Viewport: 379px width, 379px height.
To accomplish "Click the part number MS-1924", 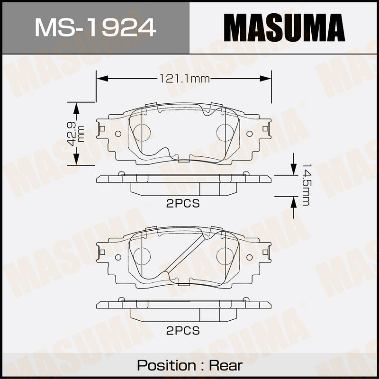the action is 96,27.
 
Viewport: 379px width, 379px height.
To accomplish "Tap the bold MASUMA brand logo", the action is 284,27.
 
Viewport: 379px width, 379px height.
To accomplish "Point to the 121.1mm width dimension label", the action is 185,79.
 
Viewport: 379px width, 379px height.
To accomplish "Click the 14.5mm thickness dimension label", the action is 305,185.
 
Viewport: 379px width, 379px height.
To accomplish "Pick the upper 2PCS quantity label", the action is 183,204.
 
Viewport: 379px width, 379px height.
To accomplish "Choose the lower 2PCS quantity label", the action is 183,330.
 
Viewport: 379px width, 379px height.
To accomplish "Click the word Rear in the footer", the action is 226,365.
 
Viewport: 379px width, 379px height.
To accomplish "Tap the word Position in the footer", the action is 167,365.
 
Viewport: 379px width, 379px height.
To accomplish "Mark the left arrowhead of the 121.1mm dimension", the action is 102,79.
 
